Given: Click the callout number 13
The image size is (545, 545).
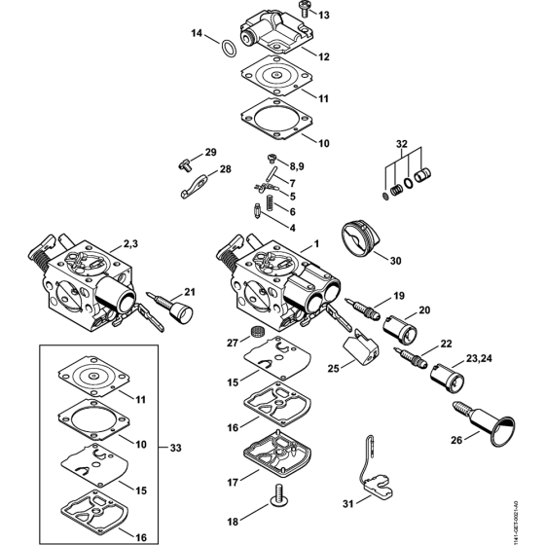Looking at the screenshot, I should pos(324,16).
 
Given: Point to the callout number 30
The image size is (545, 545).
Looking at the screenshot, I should pos(394,260).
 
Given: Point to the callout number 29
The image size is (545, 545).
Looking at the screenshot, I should pos(210,153).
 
